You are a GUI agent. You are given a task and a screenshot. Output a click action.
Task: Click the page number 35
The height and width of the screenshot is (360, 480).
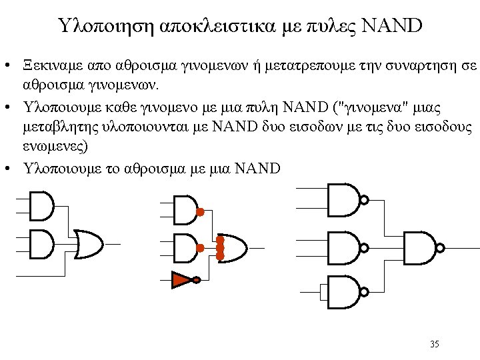435,344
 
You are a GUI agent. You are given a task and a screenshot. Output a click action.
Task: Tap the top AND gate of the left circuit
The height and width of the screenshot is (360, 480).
42,206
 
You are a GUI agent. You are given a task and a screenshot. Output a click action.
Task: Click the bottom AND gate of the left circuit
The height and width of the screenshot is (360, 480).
42,244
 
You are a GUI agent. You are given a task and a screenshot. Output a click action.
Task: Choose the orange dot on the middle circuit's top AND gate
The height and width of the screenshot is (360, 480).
199,212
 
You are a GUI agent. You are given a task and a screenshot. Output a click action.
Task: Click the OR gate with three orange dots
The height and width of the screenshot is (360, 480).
232,247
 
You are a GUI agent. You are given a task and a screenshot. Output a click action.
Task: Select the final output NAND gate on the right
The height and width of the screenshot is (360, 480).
419,247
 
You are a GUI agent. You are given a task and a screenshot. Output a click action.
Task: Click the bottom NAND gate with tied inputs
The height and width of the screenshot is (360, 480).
341,291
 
